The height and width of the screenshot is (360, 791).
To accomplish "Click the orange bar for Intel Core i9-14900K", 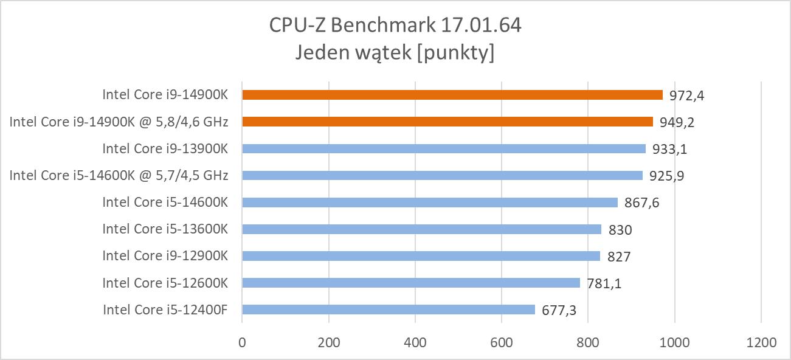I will pos(452,95).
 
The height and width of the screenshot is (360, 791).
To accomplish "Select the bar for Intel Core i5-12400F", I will pos(388,310).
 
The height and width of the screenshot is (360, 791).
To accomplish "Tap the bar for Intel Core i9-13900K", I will pos(444,148).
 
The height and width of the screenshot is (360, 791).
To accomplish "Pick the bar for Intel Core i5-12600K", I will pos(411,283).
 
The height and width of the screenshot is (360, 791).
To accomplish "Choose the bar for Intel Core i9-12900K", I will pos(421,256).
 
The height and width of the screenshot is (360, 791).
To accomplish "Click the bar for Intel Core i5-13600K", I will pos(421,229).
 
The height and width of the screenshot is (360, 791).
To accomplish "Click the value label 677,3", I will pos(559,310).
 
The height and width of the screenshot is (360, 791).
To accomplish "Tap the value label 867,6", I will pos(641,202).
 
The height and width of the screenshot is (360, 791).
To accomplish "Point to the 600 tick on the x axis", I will pos(502,342).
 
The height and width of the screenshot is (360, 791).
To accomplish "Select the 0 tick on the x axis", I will pos(242,342).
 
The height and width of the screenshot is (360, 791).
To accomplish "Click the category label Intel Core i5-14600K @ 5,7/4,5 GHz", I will pos(119,176).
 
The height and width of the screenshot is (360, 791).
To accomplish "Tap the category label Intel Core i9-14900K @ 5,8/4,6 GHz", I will pos(119,122).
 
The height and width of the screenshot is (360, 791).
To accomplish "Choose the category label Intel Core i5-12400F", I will pos(165,310).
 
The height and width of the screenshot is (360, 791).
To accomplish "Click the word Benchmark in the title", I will pos(381,26).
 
